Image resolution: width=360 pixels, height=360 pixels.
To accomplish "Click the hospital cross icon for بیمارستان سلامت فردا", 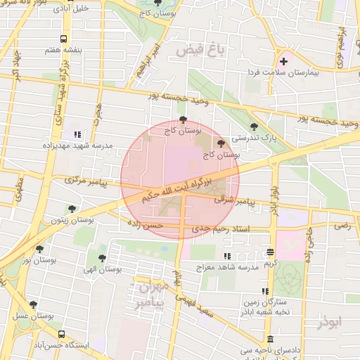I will click(x=283, y=62).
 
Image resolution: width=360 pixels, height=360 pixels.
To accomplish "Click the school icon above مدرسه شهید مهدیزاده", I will click(x=77, y=134).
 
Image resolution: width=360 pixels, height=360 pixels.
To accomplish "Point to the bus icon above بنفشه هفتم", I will click(x=64, y=39).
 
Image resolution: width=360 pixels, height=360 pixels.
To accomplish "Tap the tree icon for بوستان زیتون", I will click(x=72, y=209).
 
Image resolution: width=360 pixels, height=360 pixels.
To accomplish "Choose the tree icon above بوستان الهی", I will click(x=102, y=258).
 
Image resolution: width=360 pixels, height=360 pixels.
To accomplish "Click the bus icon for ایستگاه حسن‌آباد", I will click(x=62, y=335).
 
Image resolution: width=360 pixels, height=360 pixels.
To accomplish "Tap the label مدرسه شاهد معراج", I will click(x=226, y=268).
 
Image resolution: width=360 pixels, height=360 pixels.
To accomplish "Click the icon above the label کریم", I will click(x=271, y=252).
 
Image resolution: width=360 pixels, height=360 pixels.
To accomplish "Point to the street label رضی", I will click(x=342, y=226).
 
